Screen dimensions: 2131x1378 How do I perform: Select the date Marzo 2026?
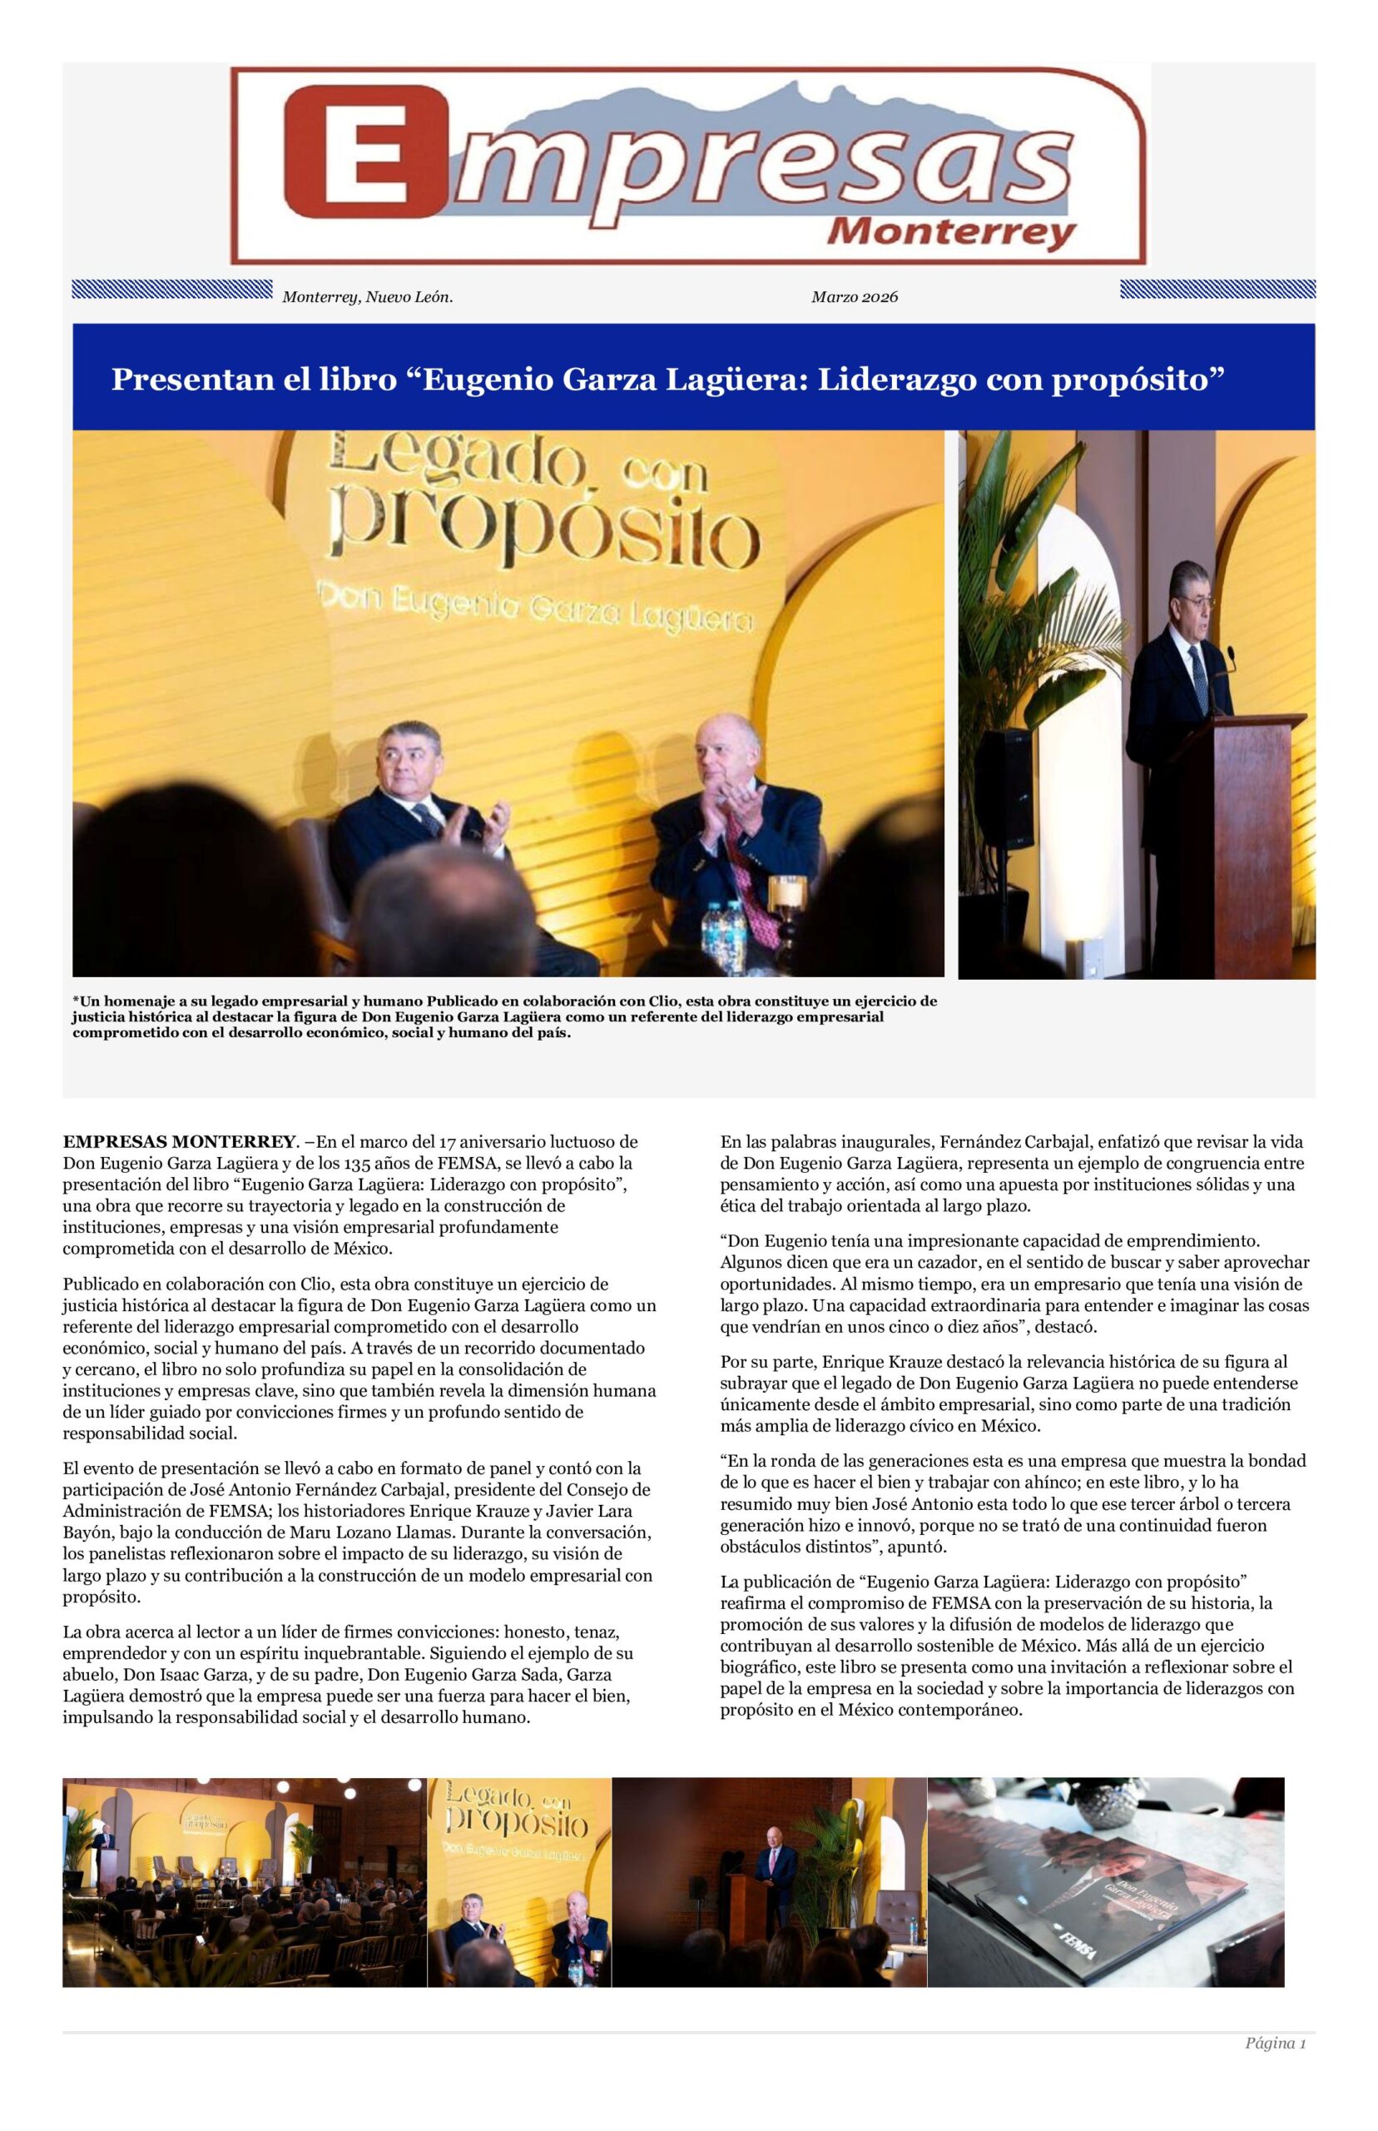tap(855, 297)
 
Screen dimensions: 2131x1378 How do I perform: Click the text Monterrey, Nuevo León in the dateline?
tap(368, 297)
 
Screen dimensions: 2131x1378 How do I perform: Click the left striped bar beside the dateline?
tap(171, 289)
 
